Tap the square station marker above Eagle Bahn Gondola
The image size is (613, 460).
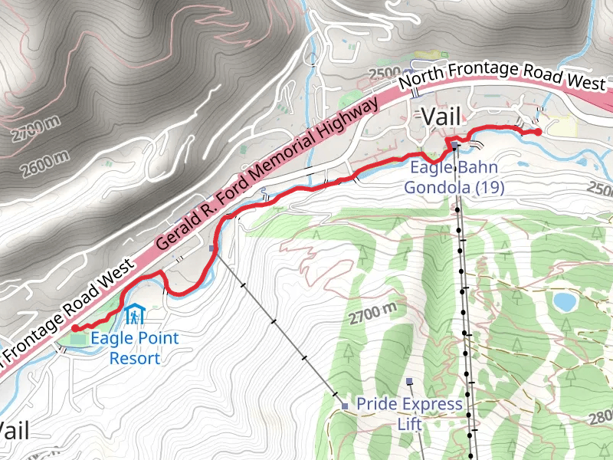tap(454, 145)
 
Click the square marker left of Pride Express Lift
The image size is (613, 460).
tap(346, 405)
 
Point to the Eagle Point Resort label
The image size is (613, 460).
tap(134, 348)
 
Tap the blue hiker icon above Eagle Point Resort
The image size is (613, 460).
tap(135, 314)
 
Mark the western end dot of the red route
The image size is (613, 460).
tap(75, 329)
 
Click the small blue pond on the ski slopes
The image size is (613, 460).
tap(565, 301)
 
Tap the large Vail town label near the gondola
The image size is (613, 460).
tap(442, 117)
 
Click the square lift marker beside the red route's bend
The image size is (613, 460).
tap(213, 248)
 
